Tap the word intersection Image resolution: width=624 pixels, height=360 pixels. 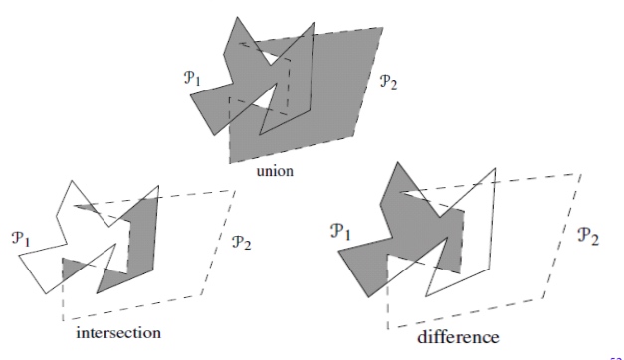(118, 331)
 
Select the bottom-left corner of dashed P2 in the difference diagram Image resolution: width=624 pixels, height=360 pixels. (385, 327)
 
